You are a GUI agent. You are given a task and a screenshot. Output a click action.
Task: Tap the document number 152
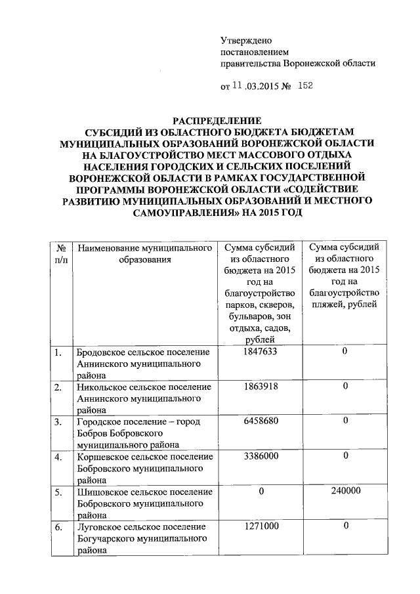(306, 85)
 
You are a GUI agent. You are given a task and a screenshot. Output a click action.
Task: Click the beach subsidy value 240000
(345, 490)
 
